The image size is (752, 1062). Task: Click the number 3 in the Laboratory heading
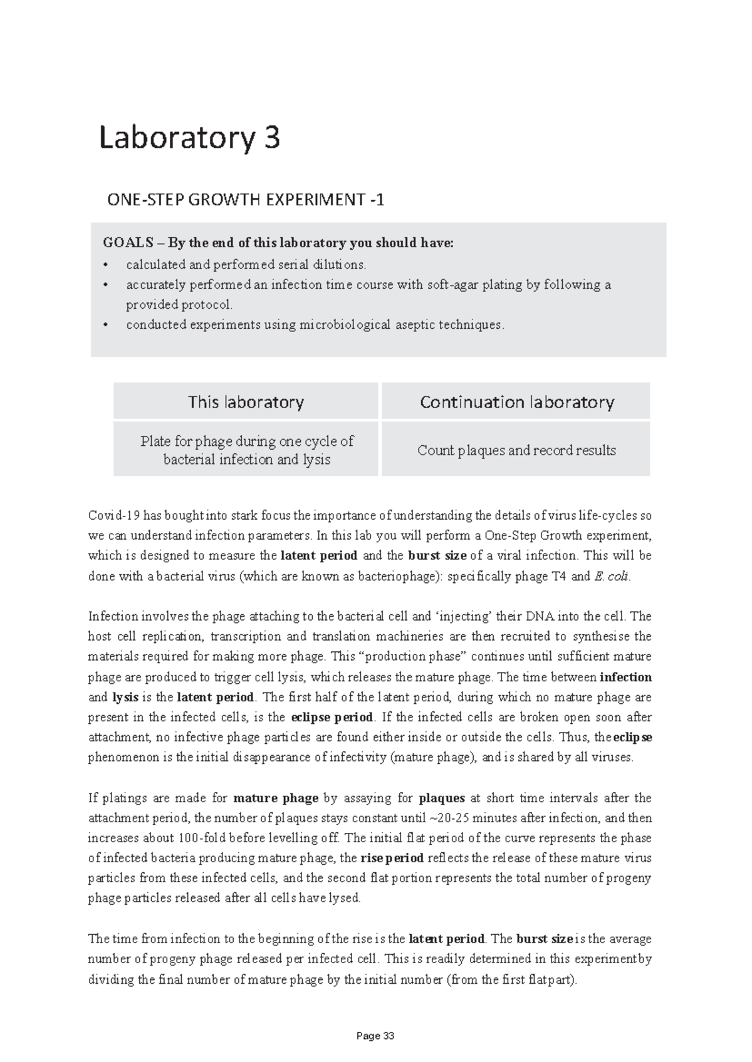270,138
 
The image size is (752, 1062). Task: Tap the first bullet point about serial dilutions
245,264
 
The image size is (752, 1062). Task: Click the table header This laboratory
246,401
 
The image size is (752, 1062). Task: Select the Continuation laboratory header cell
516,401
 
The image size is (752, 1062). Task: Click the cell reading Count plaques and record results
516,450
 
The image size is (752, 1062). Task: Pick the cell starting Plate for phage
246,450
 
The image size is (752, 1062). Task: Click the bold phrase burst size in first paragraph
437,555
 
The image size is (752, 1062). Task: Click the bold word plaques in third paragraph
441,798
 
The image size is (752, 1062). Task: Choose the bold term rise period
392,858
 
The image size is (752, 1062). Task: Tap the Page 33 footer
375,1036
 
